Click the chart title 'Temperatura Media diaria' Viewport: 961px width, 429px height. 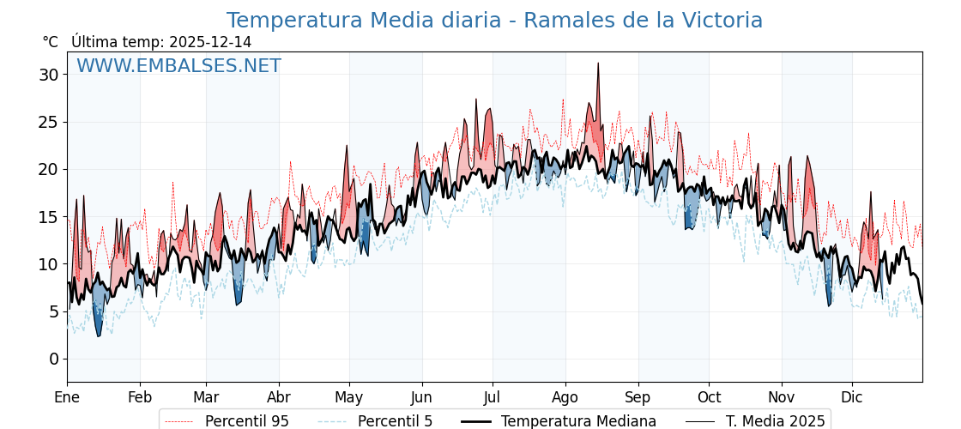click(494, 21)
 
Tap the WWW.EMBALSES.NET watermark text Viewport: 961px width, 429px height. click(178, 66)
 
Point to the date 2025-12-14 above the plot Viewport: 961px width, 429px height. click(210, 42)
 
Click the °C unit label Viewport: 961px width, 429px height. click(51, 42)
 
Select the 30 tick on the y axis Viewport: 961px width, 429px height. click(49, 75)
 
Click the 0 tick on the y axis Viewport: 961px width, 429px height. click(53, 359)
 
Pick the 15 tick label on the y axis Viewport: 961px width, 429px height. click(49, 217)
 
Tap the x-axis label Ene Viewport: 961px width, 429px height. click(67, 397)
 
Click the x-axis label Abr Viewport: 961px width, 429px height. click(279, 397)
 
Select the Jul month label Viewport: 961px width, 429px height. click(493, 397)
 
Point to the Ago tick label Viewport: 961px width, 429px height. click(565, 397)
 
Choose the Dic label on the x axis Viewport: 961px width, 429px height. click(852, 397)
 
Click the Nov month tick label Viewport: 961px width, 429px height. click(782, 397)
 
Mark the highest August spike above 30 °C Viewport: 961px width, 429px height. click(598, 64)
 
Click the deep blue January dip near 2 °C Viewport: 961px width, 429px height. click(99, 335)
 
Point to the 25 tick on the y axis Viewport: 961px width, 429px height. click(49, 122)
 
